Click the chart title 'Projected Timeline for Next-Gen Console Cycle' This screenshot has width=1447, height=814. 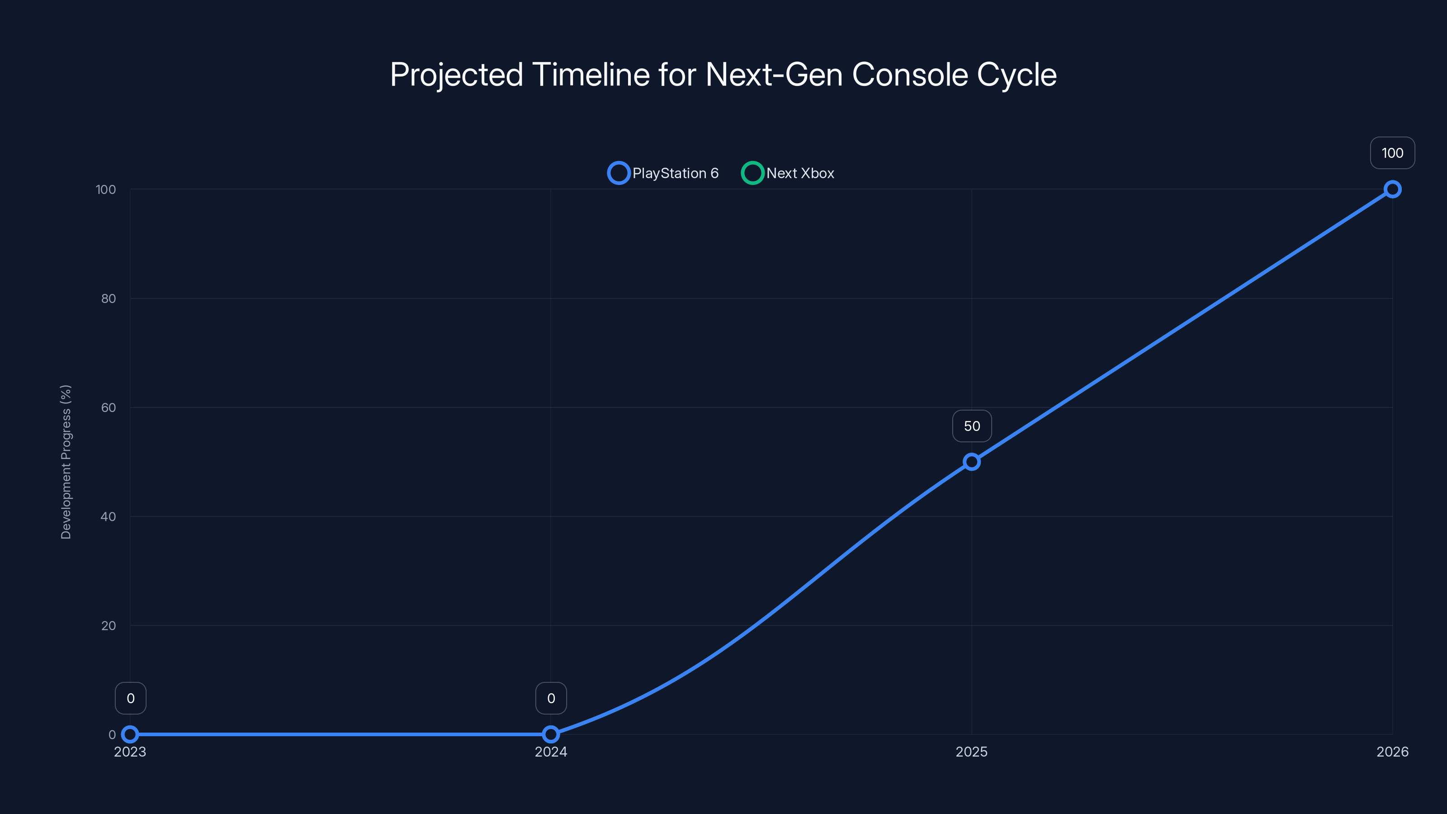click(723, 75)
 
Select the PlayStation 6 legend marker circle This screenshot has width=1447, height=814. click(619, 173)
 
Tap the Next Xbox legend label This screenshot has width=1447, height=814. click(800, 173)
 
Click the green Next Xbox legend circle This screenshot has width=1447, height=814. click(752, 173)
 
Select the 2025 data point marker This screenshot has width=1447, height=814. click(971, 462)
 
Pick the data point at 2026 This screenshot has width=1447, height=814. click(1392, 189)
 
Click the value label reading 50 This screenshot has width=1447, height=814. click(972, 426)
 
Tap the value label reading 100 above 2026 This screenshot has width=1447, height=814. click(1392, 153)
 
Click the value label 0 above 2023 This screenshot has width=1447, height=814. click(130, 698)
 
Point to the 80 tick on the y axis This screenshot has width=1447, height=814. click(109, 298)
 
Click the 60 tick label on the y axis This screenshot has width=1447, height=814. click(109, 407)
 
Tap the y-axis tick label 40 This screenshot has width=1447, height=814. click(109, 516)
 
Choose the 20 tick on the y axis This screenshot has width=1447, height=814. click(109, 625)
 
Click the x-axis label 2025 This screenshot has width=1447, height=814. click(971, 752)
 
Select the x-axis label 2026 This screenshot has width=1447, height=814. click(1392, 752)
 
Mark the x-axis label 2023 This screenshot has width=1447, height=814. click(130, 752)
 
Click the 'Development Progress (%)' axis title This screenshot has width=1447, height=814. click(66, 462)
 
